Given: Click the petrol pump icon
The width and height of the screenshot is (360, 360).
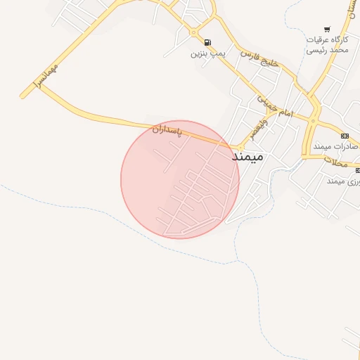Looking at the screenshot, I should (207, 41).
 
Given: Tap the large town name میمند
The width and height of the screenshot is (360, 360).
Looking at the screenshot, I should (247, 156).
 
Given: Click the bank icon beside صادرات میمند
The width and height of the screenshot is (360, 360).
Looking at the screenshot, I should (345, 136).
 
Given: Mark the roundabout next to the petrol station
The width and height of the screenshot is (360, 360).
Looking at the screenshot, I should (194, 32).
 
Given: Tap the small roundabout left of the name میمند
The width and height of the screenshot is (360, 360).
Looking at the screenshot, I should (224, 147).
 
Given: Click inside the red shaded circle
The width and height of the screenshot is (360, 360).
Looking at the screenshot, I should (179, 179).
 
